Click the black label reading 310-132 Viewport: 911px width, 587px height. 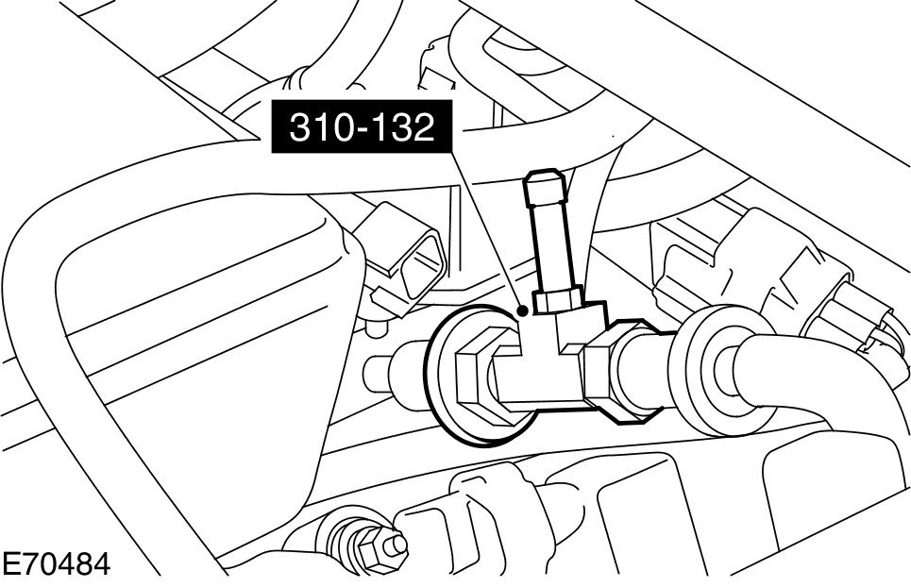(362, 126)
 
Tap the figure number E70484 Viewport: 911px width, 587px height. (56, 564)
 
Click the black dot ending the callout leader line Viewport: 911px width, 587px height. (522, 311)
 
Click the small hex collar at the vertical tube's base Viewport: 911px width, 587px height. (558, 299)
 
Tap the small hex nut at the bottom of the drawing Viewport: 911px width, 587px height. (372, 547)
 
